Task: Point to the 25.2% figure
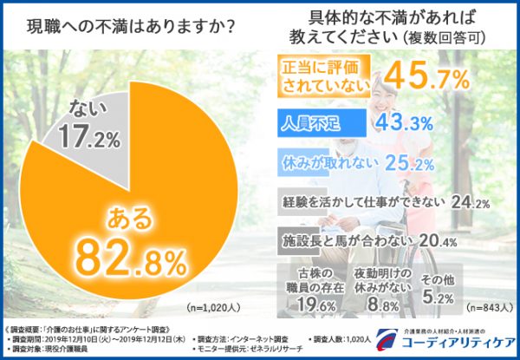(x=410, y=163)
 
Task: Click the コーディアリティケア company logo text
(x=443, y=346)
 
